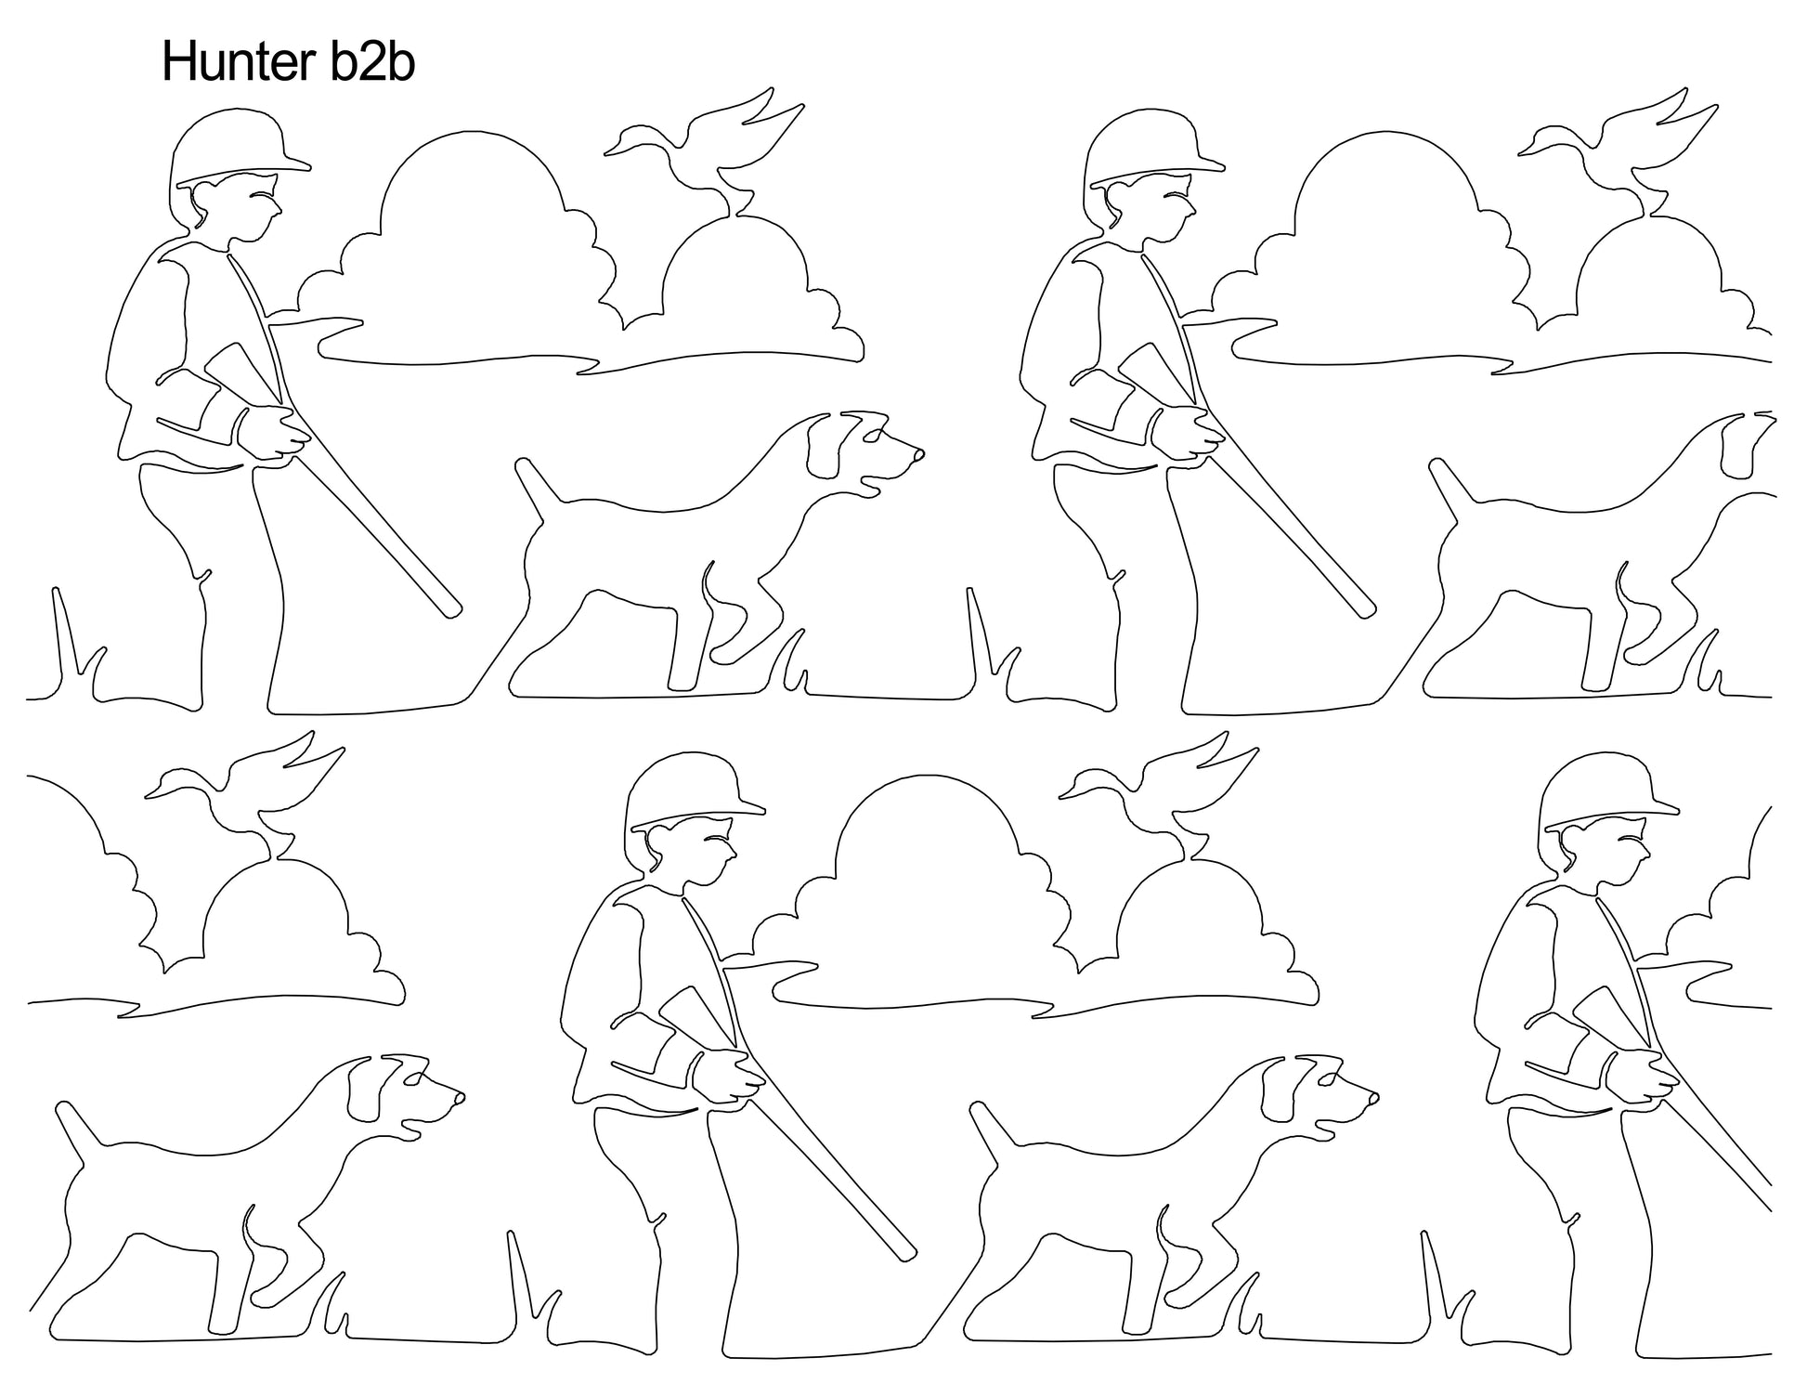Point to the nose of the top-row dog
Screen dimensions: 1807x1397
pyautogui.click(x=917, y=455)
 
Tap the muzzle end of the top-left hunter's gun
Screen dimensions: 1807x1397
pyautogui.click(x=453, y=608)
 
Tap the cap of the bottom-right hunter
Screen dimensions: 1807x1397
pyautogui.click(x=1608, y=792)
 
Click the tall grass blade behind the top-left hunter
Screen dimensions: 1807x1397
pyautogui.click(x=64, y=641)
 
